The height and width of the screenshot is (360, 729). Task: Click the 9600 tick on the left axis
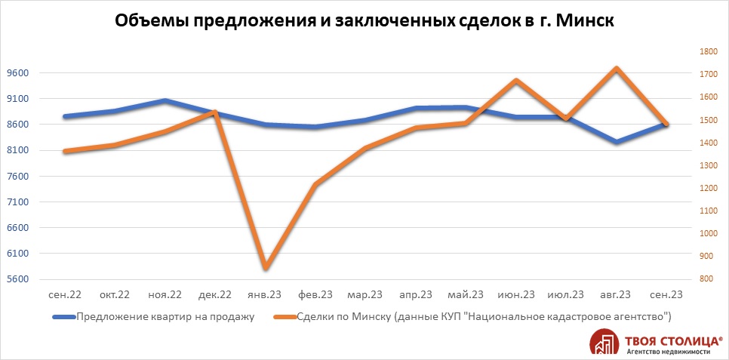click(17, 73)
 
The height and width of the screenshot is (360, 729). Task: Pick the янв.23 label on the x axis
click(265, 294)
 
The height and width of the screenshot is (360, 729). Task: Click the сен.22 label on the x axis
click(65, 294)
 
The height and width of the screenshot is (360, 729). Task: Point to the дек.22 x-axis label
click(215, 294)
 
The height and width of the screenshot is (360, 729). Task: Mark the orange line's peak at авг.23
click(616, 69)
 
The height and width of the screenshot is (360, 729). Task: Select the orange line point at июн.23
click(515, 80)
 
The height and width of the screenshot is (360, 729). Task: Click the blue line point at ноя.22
click(165, 100)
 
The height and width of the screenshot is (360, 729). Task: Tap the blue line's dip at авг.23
click(616, 142)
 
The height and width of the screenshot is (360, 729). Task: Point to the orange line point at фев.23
click(315, 184)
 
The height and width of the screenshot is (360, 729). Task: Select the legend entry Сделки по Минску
click(483, 316)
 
